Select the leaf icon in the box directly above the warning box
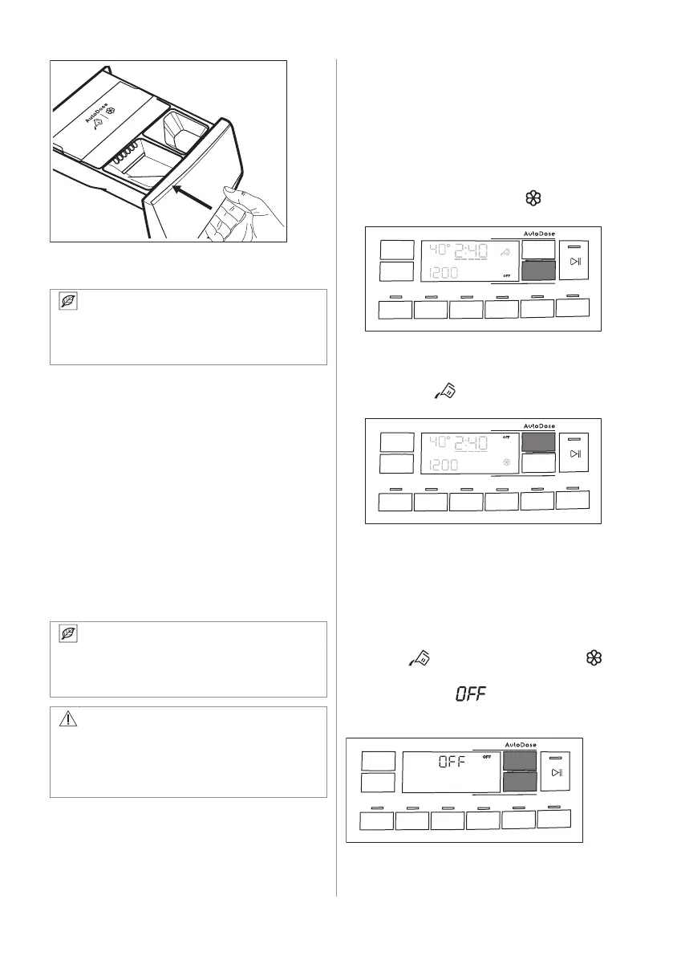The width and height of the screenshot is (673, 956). click(x=69, y=634)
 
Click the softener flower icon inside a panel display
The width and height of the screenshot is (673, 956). click(x=506, y=463)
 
